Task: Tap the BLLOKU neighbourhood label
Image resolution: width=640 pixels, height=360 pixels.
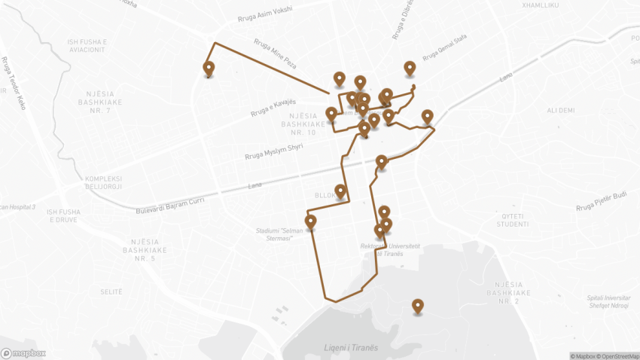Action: (x=327, y=195)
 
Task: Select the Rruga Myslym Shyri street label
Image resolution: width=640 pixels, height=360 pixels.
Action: (x=273, y=151)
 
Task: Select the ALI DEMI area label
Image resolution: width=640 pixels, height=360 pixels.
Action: (x=561, y=110)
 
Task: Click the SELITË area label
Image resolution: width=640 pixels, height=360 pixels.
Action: (x=111, y=291)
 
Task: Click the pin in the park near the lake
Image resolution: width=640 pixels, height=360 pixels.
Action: (x=417, y=306)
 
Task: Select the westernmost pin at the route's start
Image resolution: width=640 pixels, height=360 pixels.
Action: (x=209, y=69)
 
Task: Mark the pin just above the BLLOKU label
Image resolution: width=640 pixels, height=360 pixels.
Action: (x=340, y=191)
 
